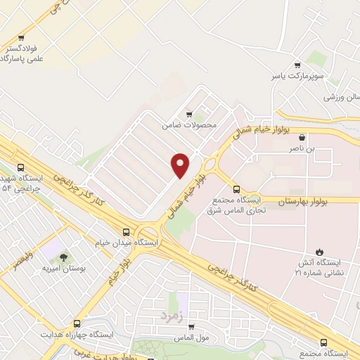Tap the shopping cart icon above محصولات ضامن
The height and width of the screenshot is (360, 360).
tap(189, 114)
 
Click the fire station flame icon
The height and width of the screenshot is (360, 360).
tap(320, 251)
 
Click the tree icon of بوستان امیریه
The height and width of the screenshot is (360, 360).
tap(64, 257)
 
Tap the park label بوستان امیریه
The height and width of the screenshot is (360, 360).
tap(63, 269)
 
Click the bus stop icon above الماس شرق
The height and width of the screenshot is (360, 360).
tap(236, 188)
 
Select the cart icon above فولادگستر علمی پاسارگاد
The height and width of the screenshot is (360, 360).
tap(22, 37)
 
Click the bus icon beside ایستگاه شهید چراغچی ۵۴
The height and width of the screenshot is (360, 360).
tap(20, 167)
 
